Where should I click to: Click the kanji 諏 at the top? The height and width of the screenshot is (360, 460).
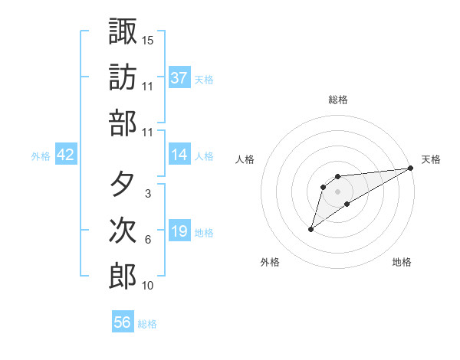(x=123, y=32)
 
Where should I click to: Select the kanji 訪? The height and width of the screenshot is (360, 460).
(x=123, y=77)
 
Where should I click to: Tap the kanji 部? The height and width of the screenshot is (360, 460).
(x=123, y=123)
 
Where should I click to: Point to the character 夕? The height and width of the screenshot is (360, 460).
(x=123, y=184)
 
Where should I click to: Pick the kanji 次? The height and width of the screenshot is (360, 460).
(x=123, y=231)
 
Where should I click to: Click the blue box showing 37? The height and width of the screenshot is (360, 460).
(x=179, y=78)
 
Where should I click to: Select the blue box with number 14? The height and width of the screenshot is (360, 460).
(x=179, y=155)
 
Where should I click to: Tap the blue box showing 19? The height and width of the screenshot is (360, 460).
(x=179, y=231)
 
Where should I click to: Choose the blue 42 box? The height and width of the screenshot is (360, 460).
(x=66, y=155)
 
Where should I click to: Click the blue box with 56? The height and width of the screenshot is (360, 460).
(x=123, y=322)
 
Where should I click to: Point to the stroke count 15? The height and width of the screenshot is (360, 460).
(x=148, y=40)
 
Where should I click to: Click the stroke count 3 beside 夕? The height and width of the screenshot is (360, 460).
(x=147, y=194)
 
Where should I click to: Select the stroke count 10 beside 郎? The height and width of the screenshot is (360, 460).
(x=148, y=286)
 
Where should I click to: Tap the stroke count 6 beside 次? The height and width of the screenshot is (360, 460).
(x=147, y=240)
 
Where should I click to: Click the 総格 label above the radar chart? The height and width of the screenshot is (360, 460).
(x=338, y=100)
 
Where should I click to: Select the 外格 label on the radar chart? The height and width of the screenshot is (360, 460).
(x=270, y=262)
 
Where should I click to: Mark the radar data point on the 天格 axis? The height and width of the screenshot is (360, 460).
(x=411, y=169)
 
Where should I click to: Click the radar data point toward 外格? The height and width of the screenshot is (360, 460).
(x=310, y=229)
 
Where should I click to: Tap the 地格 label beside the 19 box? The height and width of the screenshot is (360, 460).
(x=205, y=232)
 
